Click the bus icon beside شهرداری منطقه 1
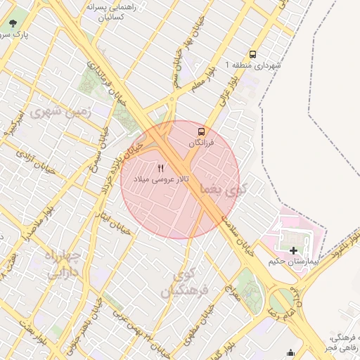(252, 54)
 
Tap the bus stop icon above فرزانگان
(202, 131)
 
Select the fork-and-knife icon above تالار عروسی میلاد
(161, 168)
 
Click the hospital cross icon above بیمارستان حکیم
(293, 250)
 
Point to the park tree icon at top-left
(13, 22)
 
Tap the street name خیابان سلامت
(238, 233)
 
